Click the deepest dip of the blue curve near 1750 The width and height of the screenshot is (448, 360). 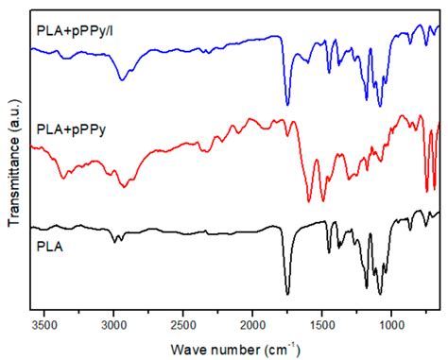[x=287, y=104]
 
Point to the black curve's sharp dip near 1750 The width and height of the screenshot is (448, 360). [x=287, y=294]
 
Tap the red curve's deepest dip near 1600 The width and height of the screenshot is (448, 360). [x=308, y=201]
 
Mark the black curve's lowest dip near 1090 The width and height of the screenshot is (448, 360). [x=380, y=294]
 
